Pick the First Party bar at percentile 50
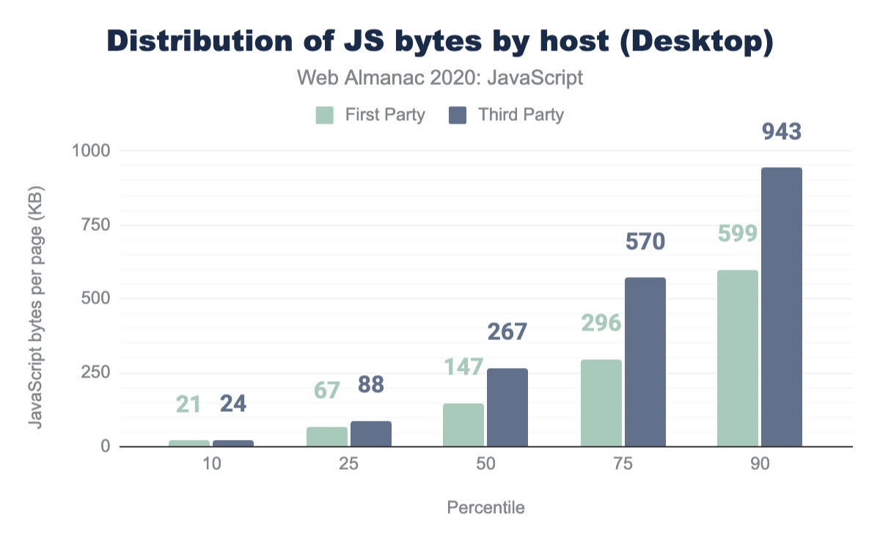pos(463,424)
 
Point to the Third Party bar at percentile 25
pos(371,433)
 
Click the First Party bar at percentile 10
pos(189,443)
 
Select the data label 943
pos(782,132)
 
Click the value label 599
pos(738,234)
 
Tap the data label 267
pos(507,331)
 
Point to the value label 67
pos(326,390)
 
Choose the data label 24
pos(233,403)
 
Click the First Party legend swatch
pos(325,115)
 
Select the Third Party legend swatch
pos(458,115)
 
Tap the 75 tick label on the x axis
pos(623,465)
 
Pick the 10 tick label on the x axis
pos(211,465)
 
